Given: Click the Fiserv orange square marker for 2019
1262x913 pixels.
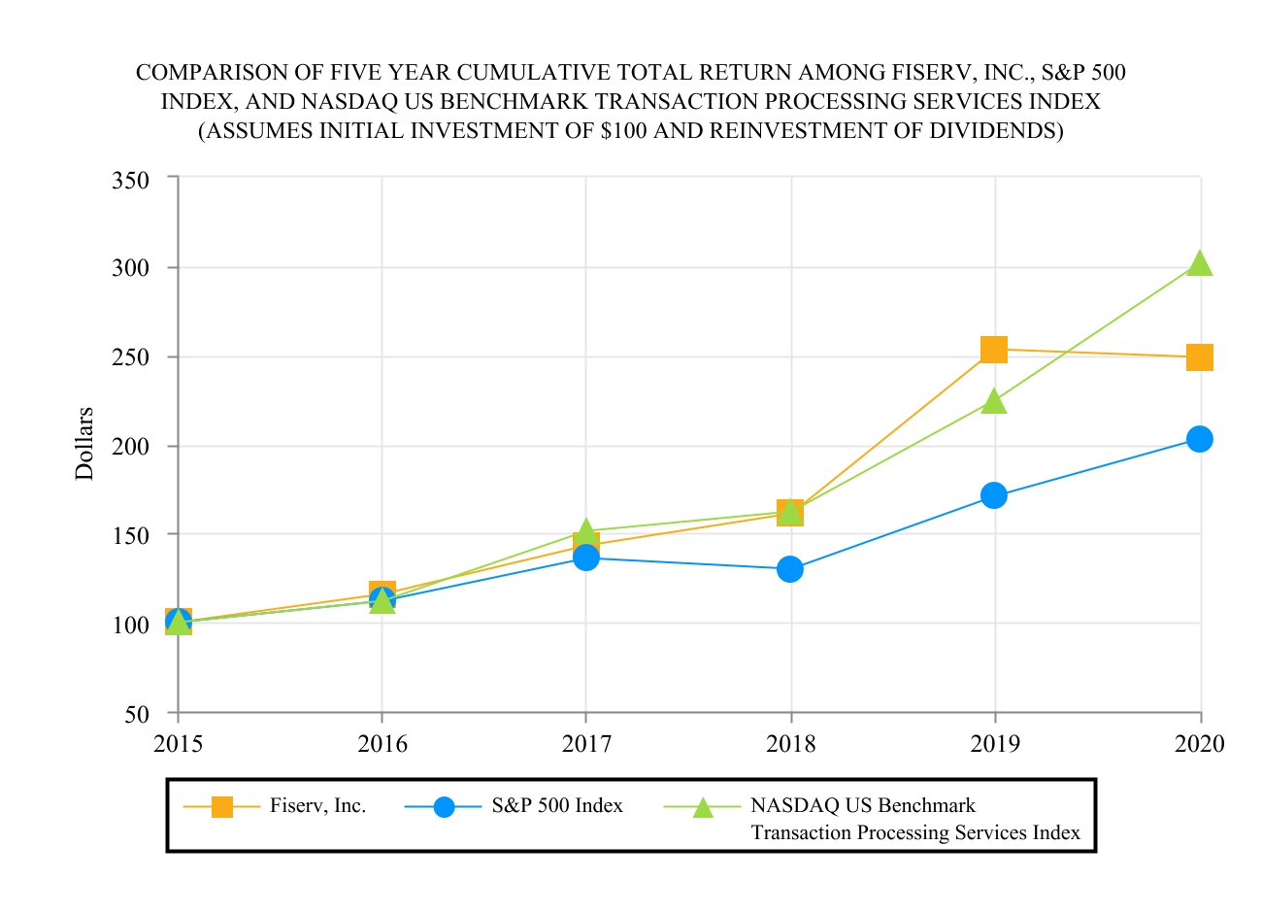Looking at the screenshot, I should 993,349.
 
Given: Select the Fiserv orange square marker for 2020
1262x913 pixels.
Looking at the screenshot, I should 1200,357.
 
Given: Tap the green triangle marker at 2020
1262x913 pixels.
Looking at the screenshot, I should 1200,264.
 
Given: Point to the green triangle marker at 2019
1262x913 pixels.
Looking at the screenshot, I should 993,401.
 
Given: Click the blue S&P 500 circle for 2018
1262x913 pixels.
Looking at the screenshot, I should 790,569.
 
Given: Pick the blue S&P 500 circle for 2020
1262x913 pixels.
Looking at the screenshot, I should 1200,439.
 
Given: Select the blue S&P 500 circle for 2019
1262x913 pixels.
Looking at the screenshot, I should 993,495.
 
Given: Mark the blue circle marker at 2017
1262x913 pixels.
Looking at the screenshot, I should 585,558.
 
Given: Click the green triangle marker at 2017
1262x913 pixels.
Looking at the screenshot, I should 585,531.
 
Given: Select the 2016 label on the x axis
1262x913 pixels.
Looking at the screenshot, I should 382,745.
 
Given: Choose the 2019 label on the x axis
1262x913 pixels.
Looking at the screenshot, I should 995,745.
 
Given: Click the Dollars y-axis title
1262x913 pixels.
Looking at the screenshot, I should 85,444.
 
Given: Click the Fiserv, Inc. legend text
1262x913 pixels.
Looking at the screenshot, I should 317,806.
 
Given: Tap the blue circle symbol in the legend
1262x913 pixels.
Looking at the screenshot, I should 444,807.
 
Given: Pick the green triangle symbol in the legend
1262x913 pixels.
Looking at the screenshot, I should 702,807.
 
